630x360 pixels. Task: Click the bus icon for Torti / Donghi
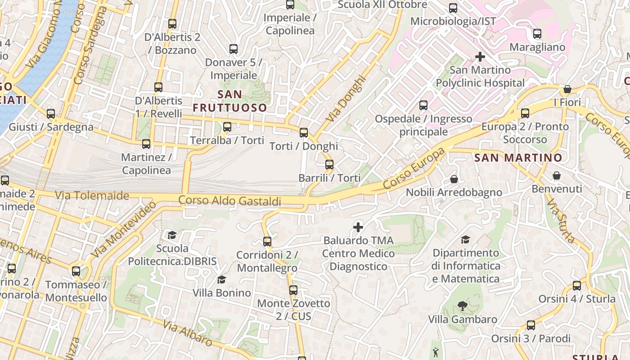click(x=304, y=133)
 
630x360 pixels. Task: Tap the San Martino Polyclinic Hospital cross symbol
click(x=480, y=57)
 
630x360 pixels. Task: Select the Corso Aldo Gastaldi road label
click(x=230, y=201)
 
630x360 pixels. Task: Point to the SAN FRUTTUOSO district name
click(x=230, y=101)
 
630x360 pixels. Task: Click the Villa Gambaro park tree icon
click(x=462, y=306)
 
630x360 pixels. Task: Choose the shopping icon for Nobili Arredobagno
click(x=454, y=179)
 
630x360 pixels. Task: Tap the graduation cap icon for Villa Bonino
click(x=221, y=280)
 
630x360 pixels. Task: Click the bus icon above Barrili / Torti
click(x=329, y=165)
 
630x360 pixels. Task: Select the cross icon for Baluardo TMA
click(x=358, y=227)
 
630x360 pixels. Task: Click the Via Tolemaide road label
click(x=92, y=195)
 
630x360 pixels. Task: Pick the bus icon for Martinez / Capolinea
click(x=146, y=144)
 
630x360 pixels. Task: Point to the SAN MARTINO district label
click(x=518, y=158)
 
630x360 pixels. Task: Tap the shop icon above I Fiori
click(x=567, y=89)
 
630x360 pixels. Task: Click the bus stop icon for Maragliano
click(x=537, y=34)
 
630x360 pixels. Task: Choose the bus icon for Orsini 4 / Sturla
click(x=577, y=286)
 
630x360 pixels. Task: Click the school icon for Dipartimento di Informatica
click(x=465, y=240)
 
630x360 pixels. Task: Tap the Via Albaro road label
click(x=187, y=333)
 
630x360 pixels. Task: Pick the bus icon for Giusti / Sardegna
click(x=51, y=114)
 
